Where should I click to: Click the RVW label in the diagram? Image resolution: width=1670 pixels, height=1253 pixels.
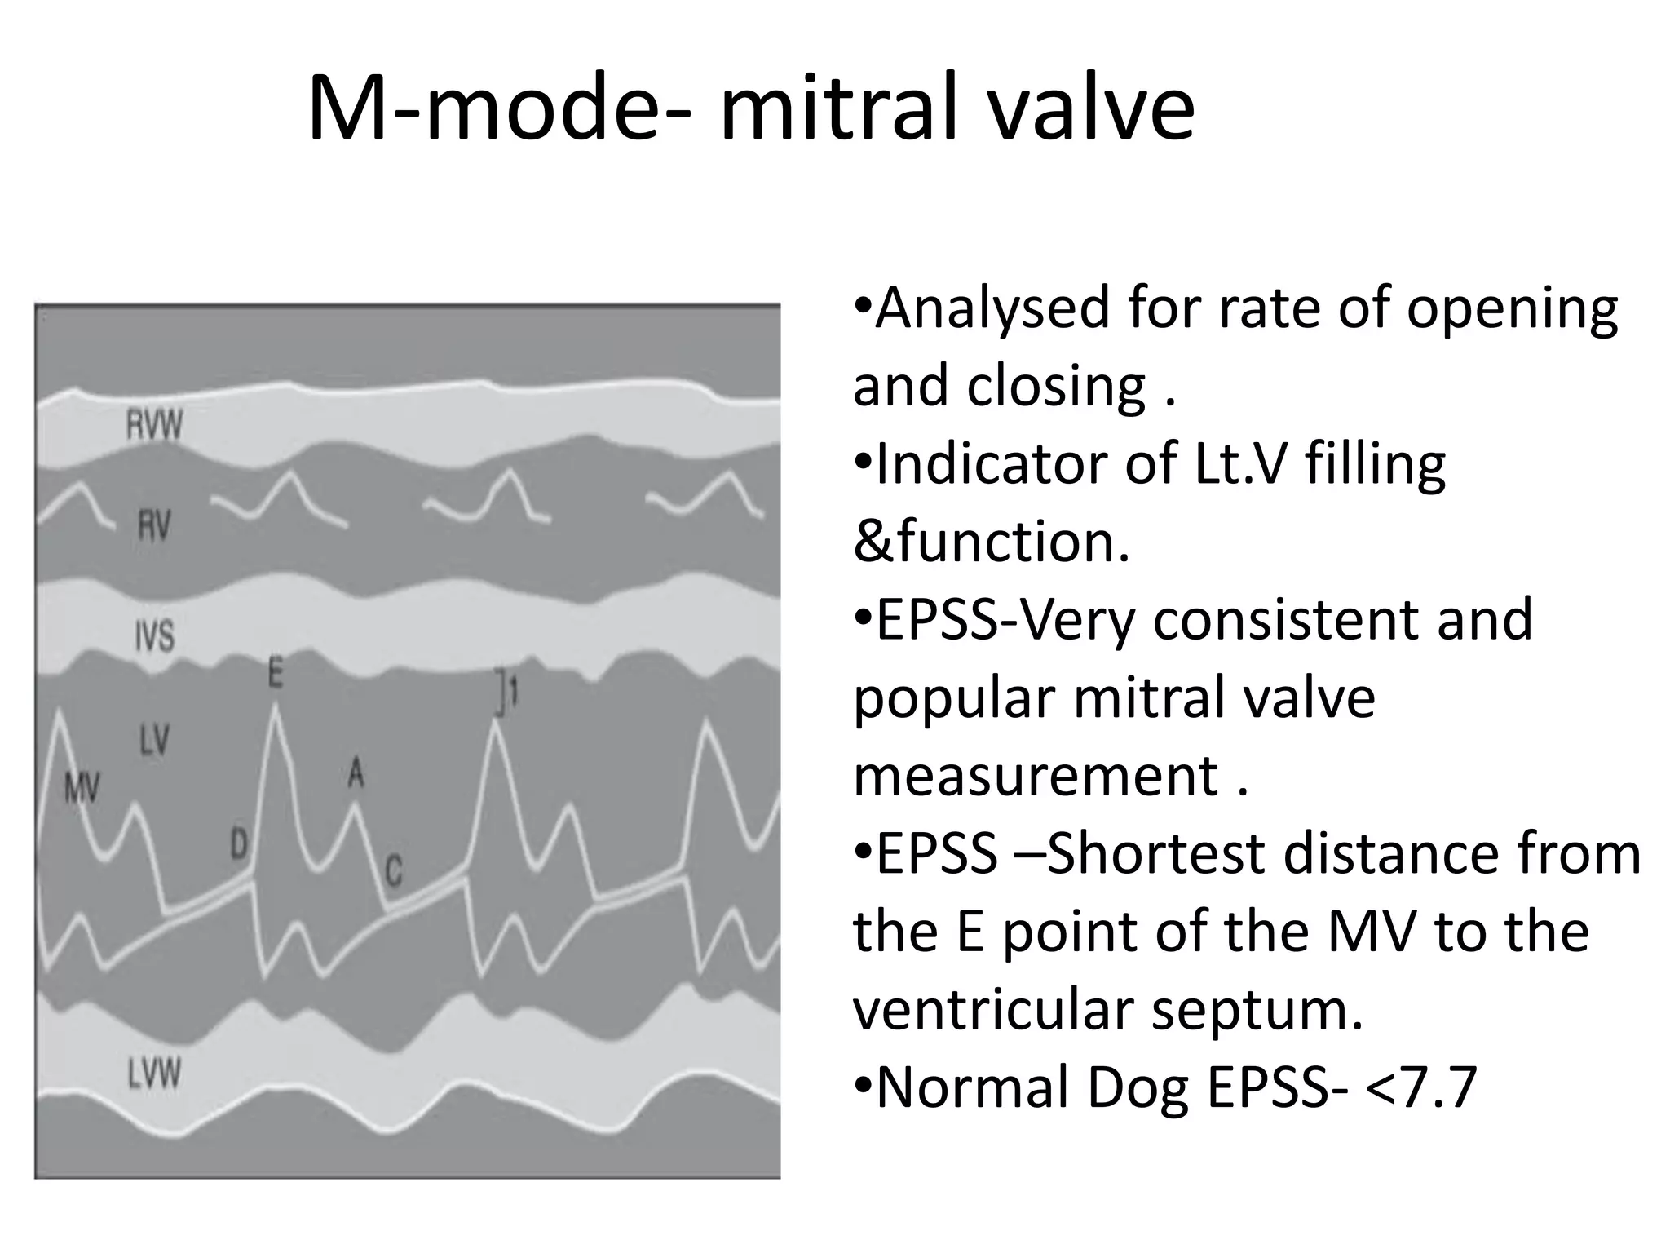pos(154,426)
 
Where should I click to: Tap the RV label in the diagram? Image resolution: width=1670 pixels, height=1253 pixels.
pos(153,525)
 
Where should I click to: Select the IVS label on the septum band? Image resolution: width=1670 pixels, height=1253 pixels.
pos(154,635)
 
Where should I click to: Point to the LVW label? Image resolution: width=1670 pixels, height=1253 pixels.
pos(154,1074)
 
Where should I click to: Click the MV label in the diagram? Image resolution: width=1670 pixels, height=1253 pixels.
pos(82,788)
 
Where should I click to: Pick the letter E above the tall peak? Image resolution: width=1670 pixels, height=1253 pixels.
pos(276,674)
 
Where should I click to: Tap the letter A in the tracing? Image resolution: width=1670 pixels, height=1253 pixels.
pos(356,772)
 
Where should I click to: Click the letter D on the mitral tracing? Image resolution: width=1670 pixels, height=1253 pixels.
pos(238,843)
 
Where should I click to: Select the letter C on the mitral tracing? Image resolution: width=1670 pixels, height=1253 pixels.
pos(393,871)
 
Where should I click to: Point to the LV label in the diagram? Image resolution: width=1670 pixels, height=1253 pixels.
pos(154,740)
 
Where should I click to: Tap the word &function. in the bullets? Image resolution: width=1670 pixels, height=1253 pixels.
pos(992,542)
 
